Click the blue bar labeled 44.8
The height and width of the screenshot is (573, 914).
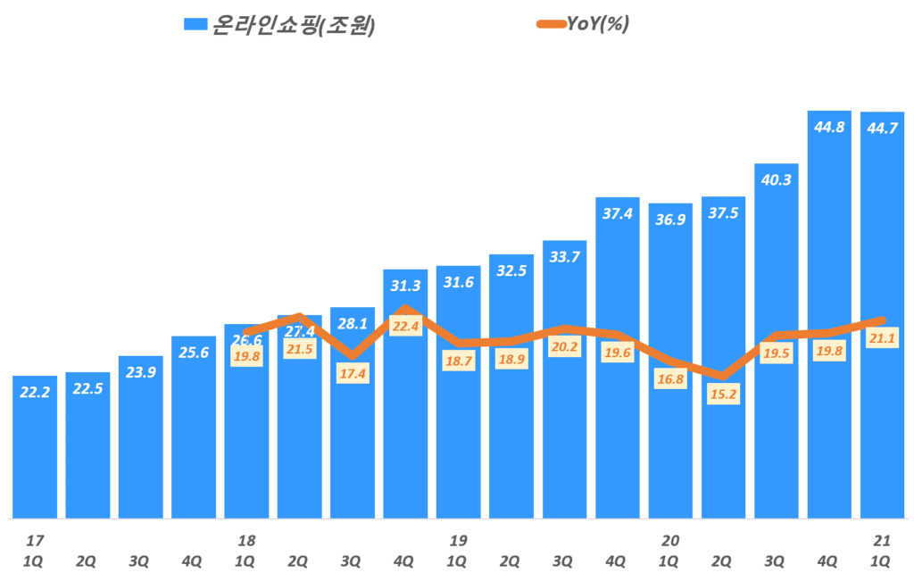tap(829, 312)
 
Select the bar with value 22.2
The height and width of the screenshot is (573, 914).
tap(35, 446)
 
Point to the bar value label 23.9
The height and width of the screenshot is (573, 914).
tap(140, 372)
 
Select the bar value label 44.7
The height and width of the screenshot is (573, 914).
tap(882, 128)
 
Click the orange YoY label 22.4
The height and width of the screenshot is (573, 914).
tap(405, 328)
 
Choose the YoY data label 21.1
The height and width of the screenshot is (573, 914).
tap(882, 337)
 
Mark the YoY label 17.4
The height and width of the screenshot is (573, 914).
tap(353, 374)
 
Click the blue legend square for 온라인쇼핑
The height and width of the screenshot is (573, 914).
tap(194, 25)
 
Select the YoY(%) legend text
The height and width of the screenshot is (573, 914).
tap(598, 24)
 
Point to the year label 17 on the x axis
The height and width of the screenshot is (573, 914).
tap(35, 540)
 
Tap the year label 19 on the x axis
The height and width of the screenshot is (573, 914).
tap(458, 540)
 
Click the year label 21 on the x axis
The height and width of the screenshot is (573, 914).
tap(882, 540)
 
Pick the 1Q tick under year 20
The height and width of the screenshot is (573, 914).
tap(670, 561)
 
